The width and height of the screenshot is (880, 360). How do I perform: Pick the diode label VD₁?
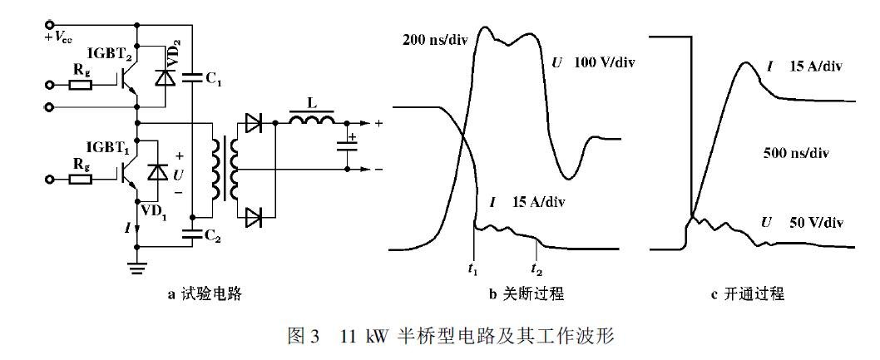(x=155, y=210)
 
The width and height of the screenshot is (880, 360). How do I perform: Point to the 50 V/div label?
(x=812, y=224)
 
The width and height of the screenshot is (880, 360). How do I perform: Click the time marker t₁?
(x=474, y=268)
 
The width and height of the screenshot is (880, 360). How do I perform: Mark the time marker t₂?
(x=538, y=268)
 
